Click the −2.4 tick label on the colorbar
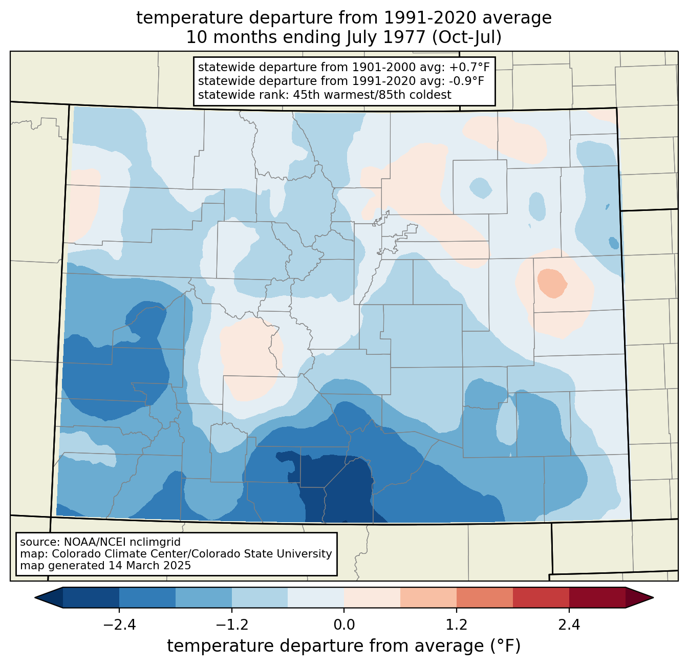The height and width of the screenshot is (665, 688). pos(119,625)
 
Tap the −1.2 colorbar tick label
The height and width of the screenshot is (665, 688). pos(232,625)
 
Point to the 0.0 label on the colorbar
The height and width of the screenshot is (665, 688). pos(344,625)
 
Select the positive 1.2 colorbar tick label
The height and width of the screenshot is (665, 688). pos(457,625)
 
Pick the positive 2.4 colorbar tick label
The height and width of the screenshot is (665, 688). pos(569,625)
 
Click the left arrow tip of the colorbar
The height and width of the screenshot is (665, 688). pos(35,598)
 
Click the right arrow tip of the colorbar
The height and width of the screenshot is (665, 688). pos(653,598)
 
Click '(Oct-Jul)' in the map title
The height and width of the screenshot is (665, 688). pos(467,37)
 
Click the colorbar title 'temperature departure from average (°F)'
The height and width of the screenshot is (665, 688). pos(344,646)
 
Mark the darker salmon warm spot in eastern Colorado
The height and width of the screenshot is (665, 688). pos(552,283)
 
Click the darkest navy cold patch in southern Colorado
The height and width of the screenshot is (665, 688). pos(339,488)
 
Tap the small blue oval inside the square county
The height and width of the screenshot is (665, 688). pos(481,188)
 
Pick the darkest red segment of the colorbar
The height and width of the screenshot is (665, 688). pos(597,598)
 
